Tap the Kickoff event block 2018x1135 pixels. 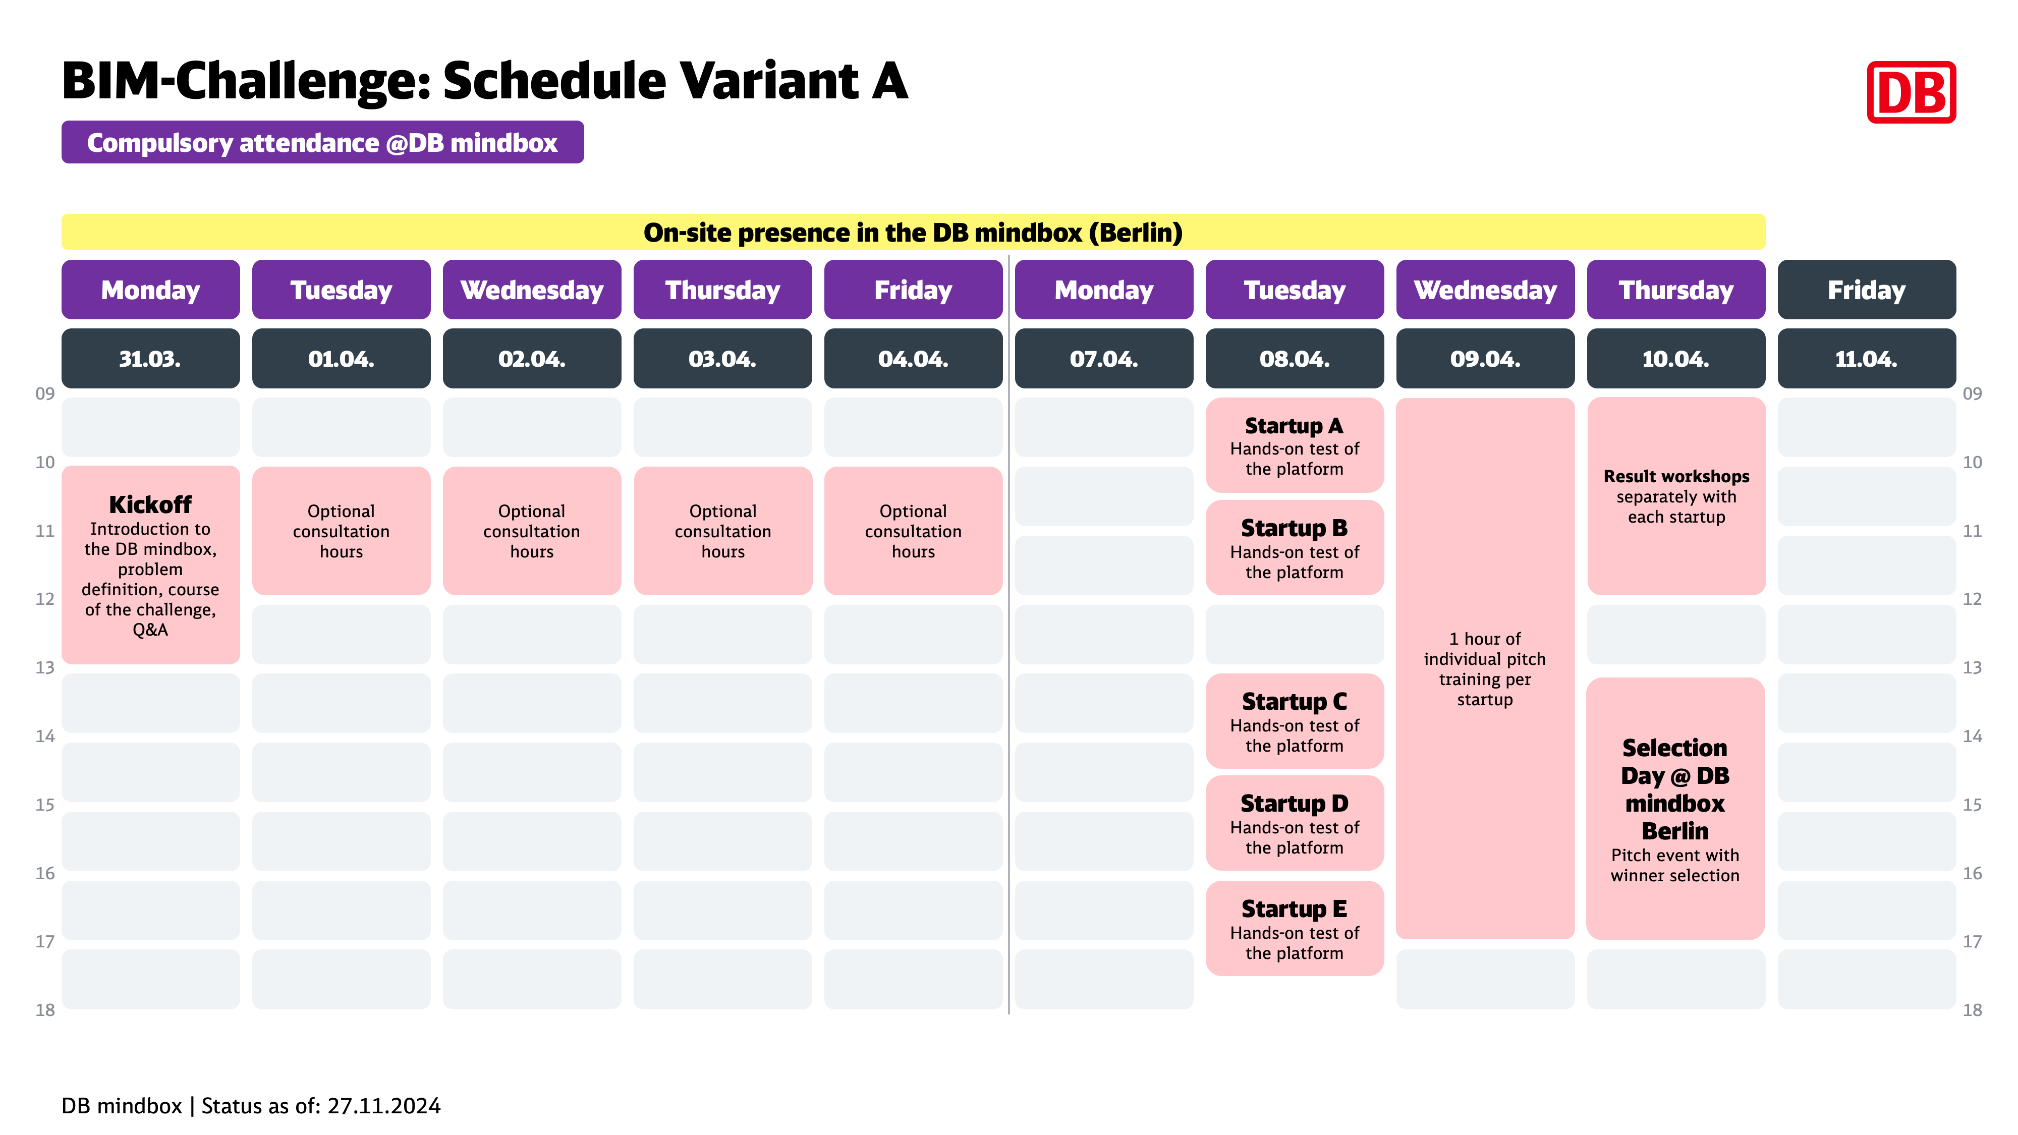tap(150, 565)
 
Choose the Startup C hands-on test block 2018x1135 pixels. tap(1294, 721)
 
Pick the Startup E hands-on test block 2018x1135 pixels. tap(1294, 928)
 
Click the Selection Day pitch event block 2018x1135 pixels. tap(1675, 808)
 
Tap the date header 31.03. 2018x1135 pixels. tap(150, 359)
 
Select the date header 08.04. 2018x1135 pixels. tap(1294, 359)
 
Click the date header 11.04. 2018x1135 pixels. tap(1867, 359)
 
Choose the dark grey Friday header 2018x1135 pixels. tap(1867, 290)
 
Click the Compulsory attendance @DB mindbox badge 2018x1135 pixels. tap(323, 143)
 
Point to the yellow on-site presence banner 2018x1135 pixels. tap(914, 233)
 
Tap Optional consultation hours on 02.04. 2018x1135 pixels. tap(532, 531)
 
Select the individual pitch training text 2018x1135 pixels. tap(1485, 669)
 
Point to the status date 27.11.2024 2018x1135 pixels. tap(384, 1106)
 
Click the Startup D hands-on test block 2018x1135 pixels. tap(1294, 823)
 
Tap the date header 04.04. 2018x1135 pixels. tap(914, 359)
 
